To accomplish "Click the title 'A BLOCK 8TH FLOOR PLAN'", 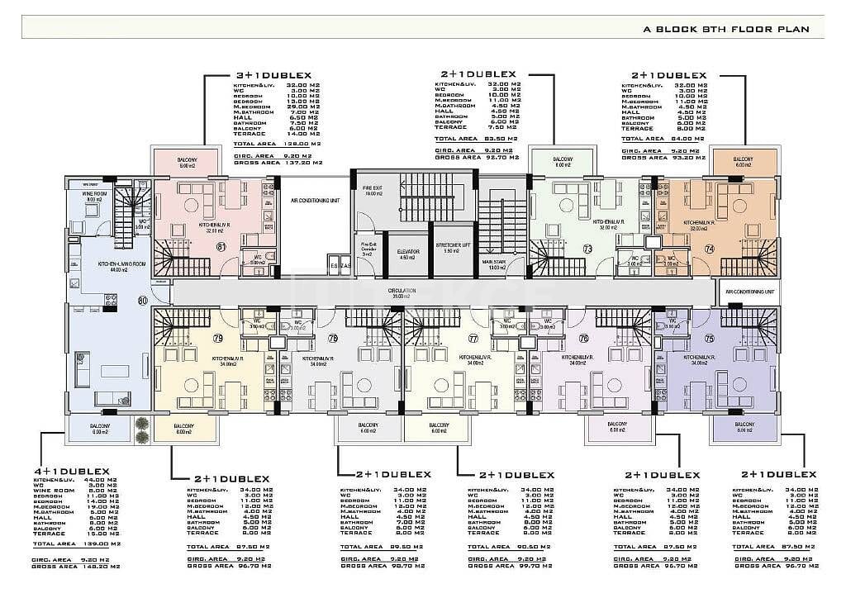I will click(x=732, y=30).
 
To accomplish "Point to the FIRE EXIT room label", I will click(x=372, y=191).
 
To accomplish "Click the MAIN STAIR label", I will click(x=495, y=264).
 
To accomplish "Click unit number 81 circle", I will click(x=221, y=246).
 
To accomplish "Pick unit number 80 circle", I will click(x=143, y=301).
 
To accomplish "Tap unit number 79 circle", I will click(x=218, y=338).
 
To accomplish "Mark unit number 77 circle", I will click(x=473, y=338).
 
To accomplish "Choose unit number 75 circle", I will click(x=709, y=338).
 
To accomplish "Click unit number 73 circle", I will click(x=587, y=248).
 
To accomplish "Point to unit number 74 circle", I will click(x=708, y=248).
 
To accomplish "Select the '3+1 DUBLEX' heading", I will click(x=272, y=75).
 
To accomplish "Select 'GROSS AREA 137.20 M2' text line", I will click(x=273, y=164).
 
